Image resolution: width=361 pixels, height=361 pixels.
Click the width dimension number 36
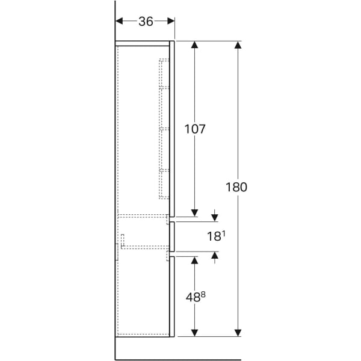(146, 22)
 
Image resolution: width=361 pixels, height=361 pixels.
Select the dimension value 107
(195, 129)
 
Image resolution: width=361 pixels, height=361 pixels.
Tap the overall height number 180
(236, 187)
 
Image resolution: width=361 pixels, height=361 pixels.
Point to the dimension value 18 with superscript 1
(216, 236)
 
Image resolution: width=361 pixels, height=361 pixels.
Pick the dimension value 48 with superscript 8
(196, 297)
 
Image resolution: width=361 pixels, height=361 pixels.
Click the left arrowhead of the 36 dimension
(119, 21)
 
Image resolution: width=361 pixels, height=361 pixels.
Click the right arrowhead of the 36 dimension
(171, 21)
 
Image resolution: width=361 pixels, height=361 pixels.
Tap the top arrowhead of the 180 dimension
(238, 45)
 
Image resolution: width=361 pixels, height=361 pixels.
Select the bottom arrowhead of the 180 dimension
(238, 333)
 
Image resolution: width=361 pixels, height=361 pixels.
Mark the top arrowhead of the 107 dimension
(195, 45)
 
